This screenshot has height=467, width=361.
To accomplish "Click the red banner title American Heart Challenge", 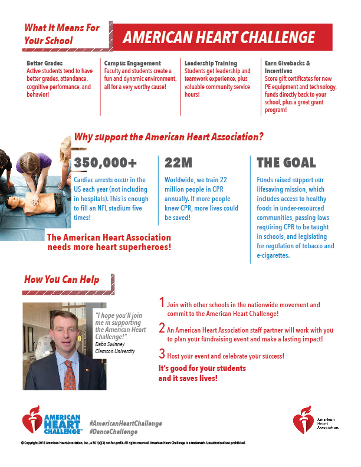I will (x=219, y=38).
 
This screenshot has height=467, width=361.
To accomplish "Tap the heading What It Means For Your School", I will (x=62, y=34).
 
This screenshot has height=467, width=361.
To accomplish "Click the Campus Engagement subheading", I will (x=133, y=63).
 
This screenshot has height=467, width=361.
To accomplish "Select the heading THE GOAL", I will (x=286, y=163).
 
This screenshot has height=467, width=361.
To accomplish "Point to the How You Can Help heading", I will (x=61, y=279).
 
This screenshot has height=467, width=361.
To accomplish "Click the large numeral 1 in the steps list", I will (x=162, y=303).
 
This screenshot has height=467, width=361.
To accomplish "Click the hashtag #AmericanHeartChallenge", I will (x=125, y=424).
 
